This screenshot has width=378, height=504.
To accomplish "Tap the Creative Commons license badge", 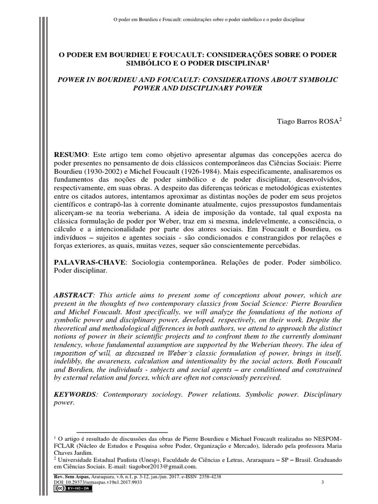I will [x=67, y=490].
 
